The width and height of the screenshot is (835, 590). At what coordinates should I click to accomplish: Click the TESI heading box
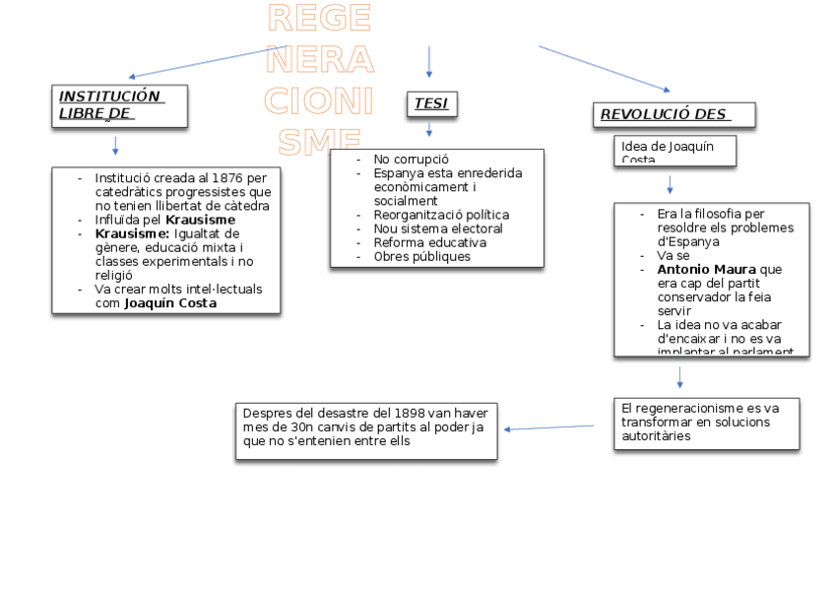(431, 103)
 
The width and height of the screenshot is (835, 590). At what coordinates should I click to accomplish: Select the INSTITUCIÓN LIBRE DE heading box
(119, 105)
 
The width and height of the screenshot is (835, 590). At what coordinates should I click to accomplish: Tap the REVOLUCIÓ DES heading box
(674, 114)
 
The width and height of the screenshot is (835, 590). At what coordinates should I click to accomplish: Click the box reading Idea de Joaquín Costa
(676, 152)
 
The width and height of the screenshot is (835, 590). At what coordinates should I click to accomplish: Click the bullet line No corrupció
(411, 159)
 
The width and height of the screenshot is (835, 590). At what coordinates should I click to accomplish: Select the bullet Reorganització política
(441, 215)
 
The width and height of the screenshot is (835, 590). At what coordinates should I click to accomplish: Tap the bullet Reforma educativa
(429, 242)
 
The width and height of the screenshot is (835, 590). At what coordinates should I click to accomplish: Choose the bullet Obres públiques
(421, 256)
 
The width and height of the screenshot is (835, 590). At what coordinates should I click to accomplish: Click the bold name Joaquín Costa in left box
(170, 303)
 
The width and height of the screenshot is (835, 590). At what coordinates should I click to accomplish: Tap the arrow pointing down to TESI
(429, 62)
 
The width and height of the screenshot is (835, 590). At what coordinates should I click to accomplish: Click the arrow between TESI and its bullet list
(429, 130)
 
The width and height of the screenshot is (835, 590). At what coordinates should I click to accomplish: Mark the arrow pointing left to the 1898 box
(548, 427)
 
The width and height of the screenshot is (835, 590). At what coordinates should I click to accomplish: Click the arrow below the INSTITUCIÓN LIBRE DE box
(115, 146)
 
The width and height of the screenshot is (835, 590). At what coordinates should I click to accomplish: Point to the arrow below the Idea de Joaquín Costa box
(670, 184)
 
